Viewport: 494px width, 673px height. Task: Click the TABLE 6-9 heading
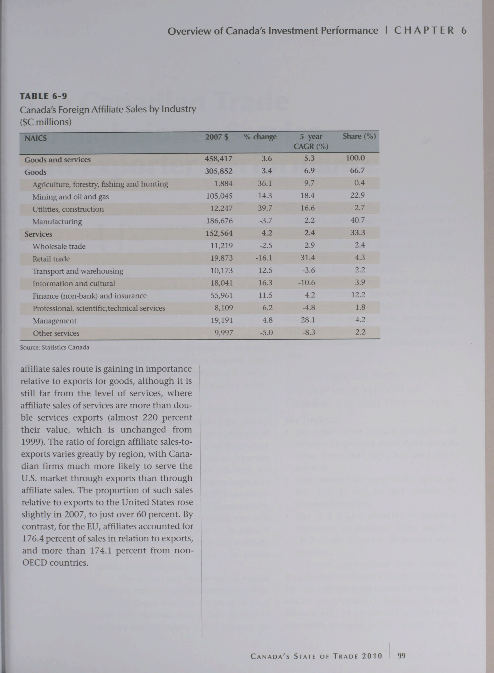pos(43,96)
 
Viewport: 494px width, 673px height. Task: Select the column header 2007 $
pos(217,137)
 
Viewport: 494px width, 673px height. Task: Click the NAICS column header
pos(36,138)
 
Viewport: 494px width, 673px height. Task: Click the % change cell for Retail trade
pos(263,258)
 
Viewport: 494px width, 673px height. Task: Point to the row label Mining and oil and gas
pos(71,197)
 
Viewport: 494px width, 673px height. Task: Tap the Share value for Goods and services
pos(355,158)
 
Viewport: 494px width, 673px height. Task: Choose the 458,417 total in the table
pos(218,159)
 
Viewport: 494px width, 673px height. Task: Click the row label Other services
pos(56,333)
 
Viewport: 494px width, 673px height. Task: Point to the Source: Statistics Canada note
pos(54,348)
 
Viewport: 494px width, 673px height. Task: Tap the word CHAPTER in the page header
pos(424,30)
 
